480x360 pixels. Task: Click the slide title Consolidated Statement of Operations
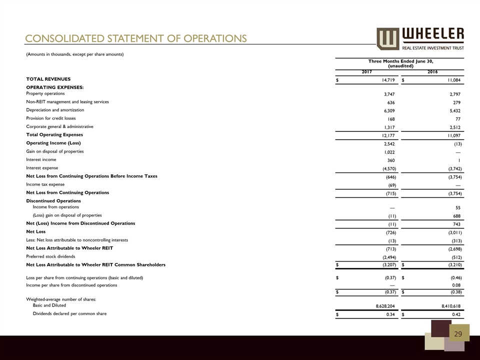136,38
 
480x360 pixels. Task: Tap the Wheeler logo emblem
387,38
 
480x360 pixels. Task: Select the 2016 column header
433,71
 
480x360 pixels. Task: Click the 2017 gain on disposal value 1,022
383,151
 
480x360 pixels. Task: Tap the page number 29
458,334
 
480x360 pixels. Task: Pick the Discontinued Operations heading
53,201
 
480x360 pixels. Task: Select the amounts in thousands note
75,54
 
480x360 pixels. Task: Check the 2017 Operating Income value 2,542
383,143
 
